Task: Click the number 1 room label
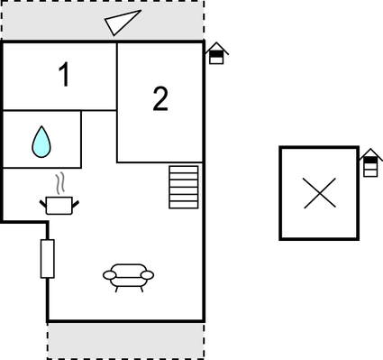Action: (64, 77)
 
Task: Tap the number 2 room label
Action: (160, 99)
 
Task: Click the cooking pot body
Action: (59, 206)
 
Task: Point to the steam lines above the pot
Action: (59, 185)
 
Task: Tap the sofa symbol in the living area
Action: (128, 275)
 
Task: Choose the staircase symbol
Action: (184, 187)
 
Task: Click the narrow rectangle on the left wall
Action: (48, 259)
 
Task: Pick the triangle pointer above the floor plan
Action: (122, 23)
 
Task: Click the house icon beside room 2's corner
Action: (216, 53)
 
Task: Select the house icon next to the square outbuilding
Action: (369, 163)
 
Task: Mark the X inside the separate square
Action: (318, 193)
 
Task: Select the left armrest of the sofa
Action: (109, 274)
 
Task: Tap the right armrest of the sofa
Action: (148, 274)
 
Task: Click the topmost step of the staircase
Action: (184, 169)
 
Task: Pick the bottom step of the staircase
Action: (184, 205)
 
